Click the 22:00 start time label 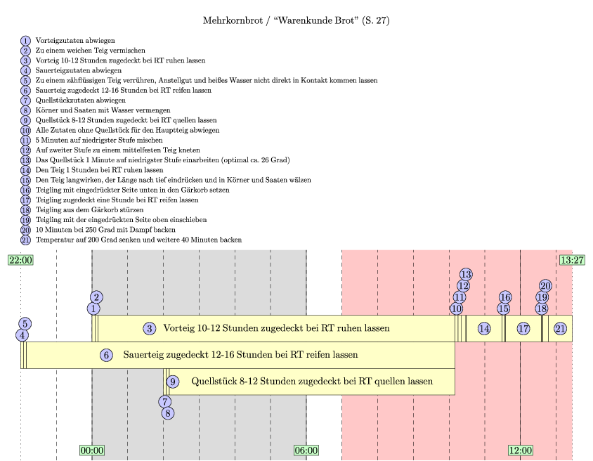tap(20, 260)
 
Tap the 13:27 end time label tap(572, 260)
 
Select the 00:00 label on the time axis tap(92, 450)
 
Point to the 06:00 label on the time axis tap(306, 450)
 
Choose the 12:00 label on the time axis tap(520, 450)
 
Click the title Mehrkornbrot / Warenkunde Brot tap(296, 21)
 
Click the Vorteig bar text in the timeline tap(276, 328)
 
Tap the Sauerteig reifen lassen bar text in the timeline tap(240, 355)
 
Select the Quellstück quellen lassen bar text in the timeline tap(312, 382)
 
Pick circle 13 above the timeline tap(466, 274)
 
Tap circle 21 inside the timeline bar tap(560, 328)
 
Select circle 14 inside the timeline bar tap(483, 328)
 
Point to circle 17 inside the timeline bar tap(523, 328)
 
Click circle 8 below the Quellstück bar tap(168, 413)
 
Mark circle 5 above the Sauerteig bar tap(25, 324)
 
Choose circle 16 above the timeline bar tap(505, 297)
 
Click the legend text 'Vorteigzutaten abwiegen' tap(75, 41)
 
